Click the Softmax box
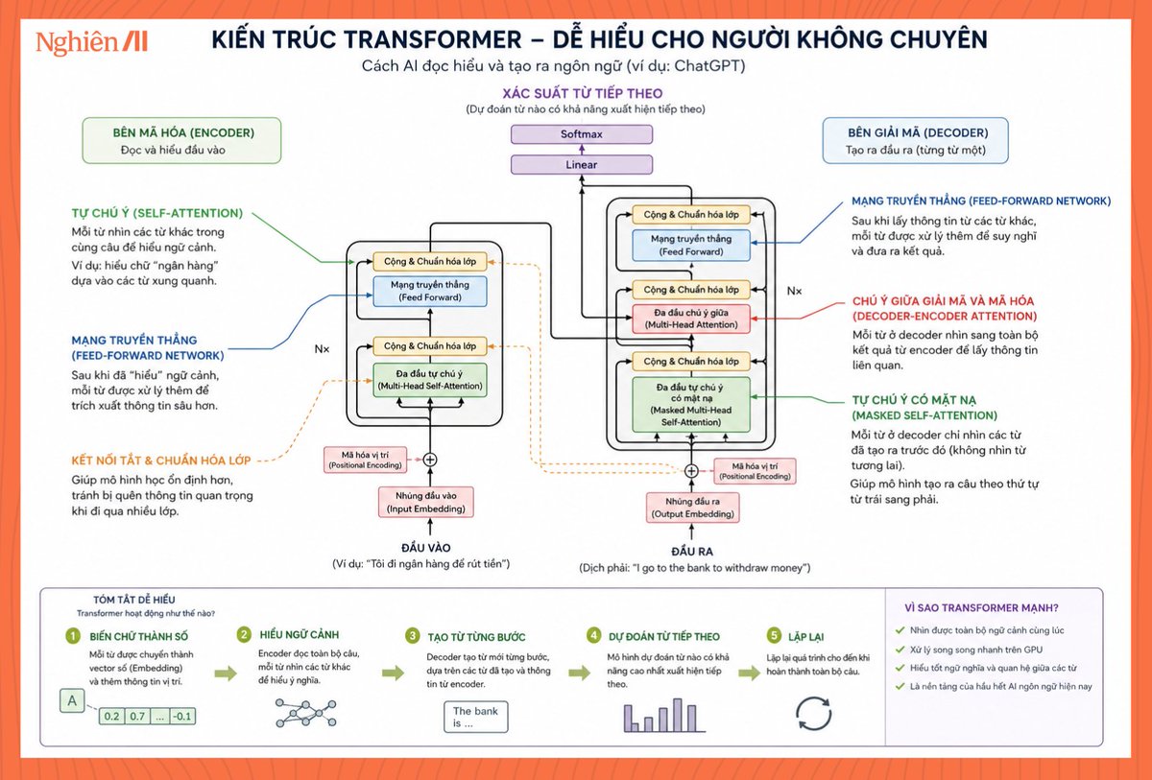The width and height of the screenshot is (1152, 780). tap(582, 134)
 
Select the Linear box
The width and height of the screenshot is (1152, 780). tap(582, 165)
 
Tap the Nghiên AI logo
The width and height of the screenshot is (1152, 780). tap(91, 42)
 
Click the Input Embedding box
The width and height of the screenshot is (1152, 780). tap(426, 502)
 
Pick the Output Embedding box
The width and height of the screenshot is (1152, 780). tap(693, 508)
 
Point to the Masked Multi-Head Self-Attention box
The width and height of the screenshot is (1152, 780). tap(691, 405)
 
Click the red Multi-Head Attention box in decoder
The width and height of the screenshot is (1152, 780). tap(691, 319)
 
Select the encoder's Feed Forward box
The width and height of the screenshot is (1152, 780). tap(430, 292)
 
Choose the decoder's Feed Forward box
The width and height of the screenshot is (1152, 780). tap(691, 245)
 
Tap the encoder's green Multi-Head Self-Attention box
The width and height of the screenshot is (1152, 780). tap(430, 380)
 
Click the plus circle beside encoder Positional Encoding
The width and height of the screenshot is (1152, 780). tap(430, 460)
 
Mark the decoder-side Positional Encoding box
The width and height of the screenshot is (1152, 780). tap(755, 471)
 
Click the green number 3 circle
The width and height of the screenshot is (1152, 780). tap(412, 636)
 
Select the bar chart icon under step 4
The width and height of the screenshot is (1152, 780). tap(664, 715)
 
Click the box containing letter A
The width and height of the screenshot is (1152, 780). tap(72, 701)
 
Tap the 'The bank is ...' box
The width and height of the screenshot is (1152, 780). tap(476, 717)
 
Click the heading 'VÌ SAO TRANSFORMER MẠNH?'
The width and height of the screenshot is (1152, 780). tap(981, 608)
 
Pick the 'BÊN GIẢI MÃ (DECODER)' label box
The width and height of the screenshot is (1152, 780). tap(916, 141)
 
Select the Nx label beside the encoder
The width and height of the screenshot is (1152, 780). tap(322, 349)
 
